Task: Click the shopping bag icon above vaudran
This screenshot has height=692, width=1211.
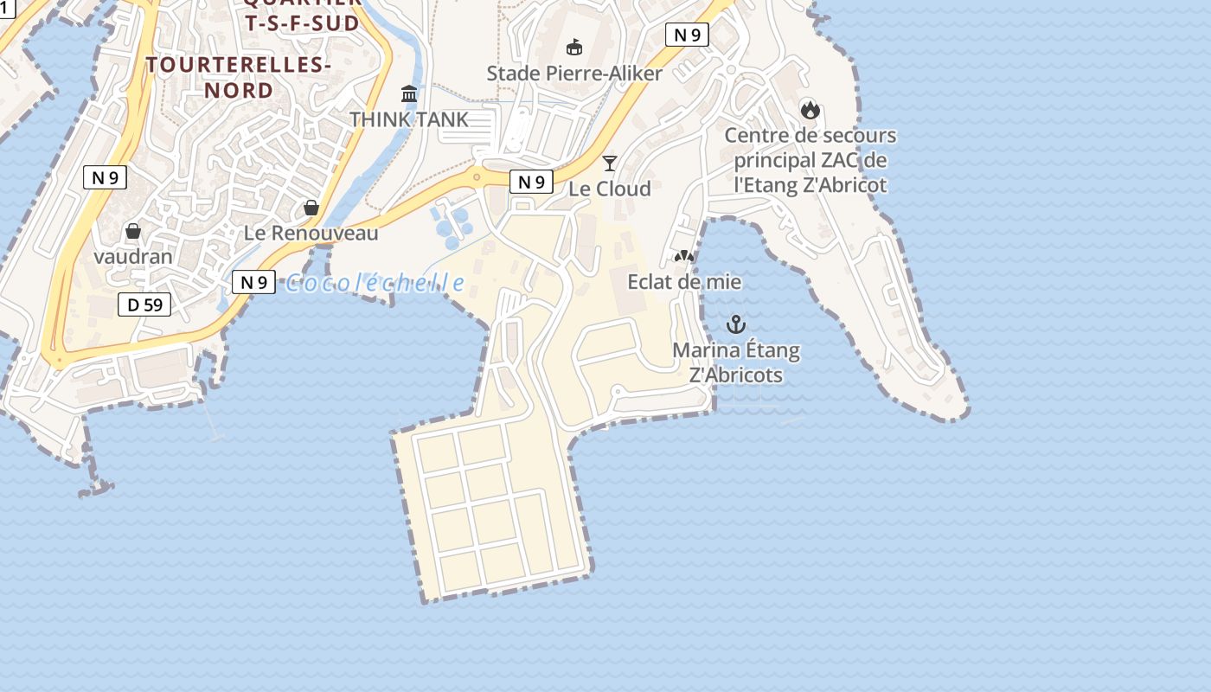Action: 133,231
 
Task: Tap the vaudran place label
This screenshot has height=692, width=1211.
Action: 133,256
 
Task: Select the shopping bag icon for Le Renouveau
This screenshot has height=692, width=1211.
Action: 311,208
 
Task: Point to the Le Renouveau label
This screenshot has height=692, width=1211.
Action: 311,233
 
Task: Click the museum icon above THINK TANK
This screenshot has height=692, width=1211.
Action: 409,93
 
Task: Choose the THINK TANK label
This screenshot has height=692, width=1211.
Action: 409,119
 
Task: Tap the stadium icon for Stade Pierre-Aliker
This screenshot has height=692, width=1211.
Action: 574,47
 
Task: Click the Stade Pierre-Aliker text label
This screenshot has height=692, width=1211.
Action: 574,73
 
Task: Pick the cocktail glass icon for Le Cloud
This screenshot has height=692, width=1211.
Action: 610,163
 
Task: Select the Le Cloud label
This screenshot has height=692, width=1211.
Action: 610,188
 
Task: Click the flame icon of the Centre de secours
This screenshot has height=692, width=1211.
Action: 810,109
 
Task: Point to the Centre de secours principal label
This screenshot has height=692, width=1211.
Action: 811,160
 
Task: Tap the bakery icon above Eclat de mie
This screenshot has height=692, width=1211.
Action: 684,257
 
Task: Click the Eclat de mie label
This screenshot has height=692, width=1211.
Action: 684,281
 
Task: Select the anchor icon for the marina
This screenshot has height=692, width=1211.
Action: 735,324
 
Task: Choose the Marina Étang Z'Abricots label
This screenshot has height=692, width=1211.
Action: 736,362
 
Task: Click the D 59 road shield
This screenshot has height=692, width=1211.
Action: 144,304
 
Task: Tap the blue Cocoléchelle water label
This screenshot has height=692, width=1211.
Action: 375,283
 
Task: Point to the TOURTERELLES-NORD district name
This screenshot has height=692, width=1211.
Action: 239,77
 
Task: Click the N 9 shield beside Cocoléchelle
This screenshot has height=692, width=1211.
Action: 253,282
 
